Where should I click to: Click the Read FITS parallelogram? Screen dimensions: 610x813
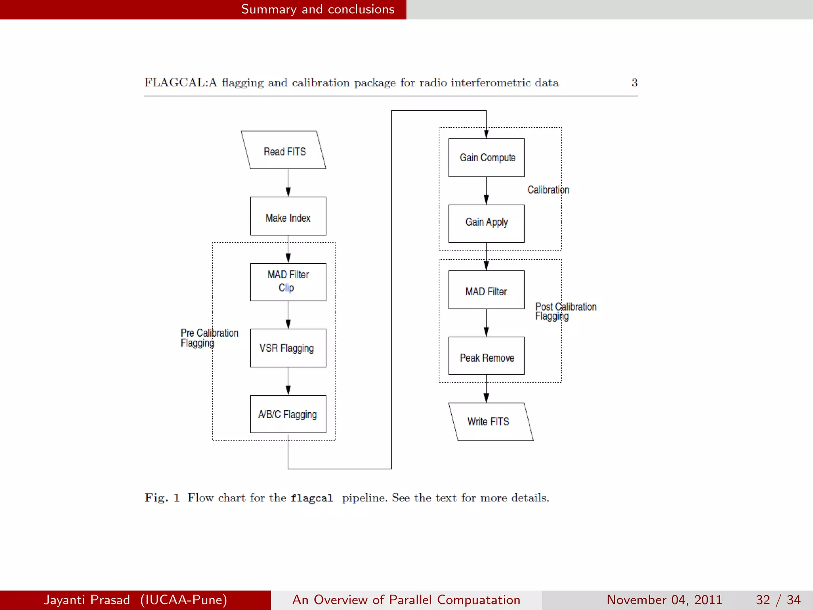coord(284,150)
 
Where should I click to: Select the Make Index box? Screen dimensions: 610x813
coord(288,216)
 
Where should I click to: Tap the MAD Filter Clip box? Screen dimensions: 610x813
coord(288,282)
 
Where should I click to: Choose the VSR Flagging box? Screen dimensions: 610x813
coord(288,348)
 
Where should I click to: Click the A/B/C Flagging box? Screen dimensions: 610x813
coord(288,414)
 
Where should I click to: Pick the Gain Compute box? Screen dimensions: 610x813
coord(486,158)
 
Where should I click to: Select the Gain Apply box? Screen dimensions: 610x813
coord(486,224)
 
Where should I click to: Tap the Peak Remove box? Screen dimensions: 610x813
coord(486,356)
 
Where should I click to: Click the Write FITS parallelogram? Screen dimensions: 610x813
coord(491,422)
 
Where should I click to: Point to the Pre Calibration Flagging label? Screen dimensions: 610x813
coord(209,338)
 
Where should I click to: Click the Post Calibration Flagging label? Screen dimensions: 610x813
coord(565,311)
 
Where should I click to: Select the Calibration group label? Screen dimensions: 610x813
coord(548,190)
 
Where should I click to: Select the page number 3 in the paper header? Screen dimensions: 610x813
coord(634,83)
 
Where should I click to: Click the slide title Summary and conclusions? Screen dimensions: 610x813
coord(318,9)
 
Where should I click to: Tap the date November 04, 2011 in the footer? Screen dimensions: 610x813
coord(664,600)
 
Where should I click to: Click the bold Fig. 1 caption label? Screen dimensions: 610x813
coord(162,498)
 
